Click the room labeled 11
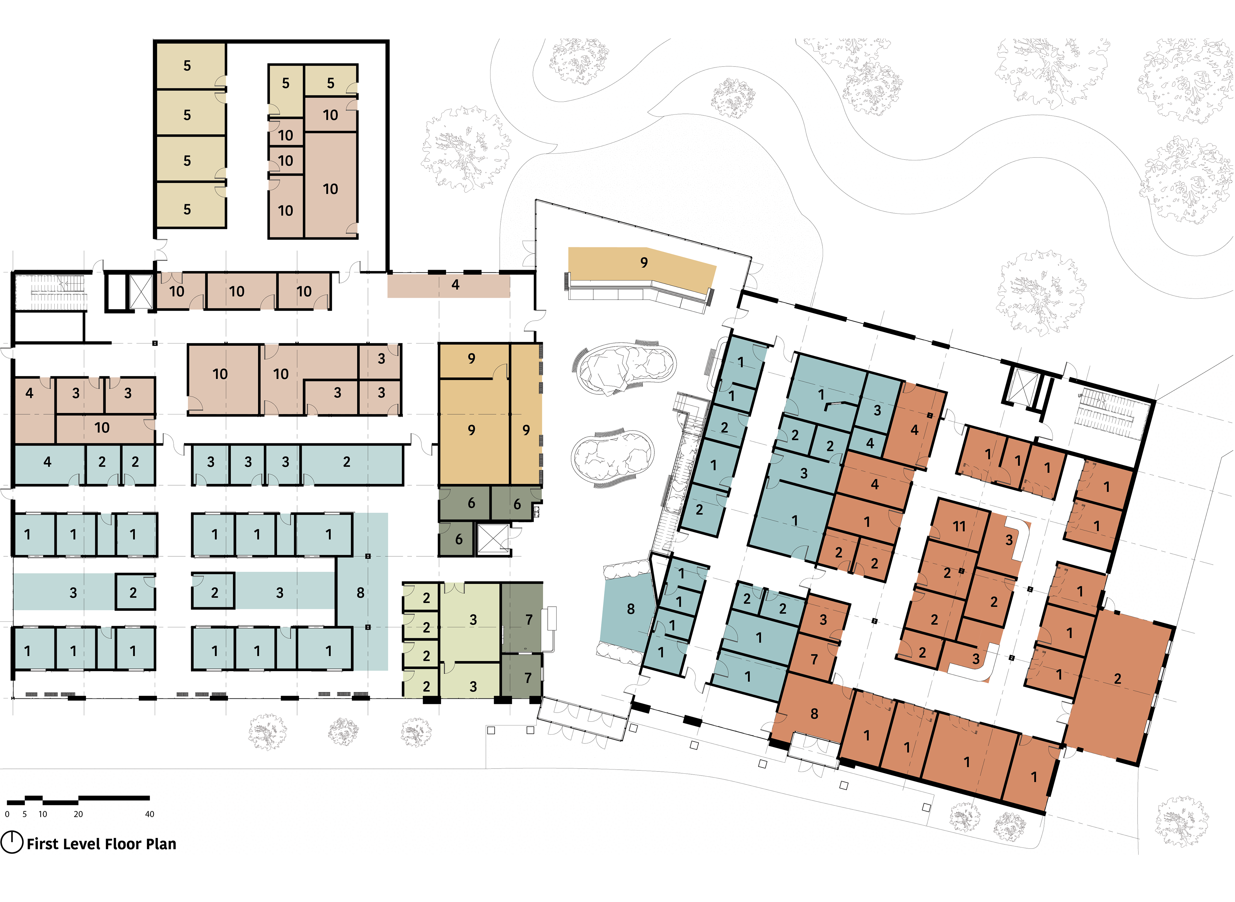coord(959,526)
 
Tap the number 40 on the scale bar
coord(150,814)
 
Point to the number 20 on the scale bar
coord(78,814)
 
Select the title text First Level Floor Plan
coord(102,844)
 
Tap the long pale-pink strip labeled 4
coord(448,286)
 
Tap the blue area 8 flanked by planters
coord(628,609)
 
